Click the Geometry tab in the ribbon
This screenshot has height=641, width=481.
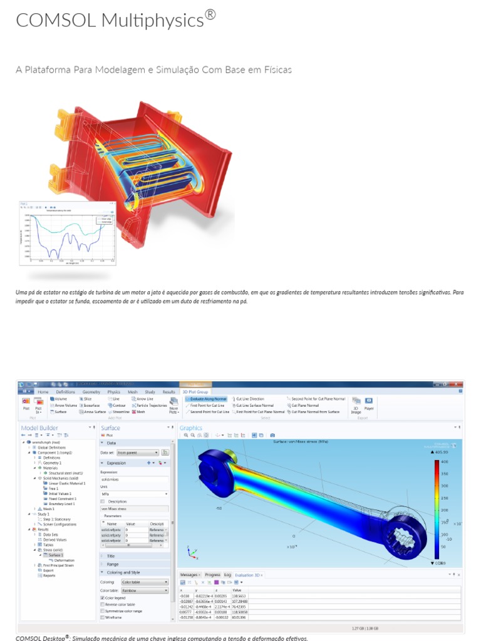pos(91,392)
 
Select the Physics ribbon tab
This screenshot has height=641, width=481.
pos(113,392)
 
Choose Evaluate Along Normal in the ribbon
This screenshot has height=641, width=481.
pos(207,399)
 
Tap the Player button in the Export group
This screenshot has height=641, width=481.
pos(369,404)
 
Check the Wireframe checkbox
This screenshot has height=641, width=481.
pos(103,618)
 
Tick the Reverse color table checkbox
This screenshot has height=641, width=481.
pos(103,604)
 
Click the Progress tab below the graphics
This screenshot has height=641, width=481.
pos(212,575)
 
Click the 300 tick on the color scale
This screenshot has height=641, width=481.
pos(444,486)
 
